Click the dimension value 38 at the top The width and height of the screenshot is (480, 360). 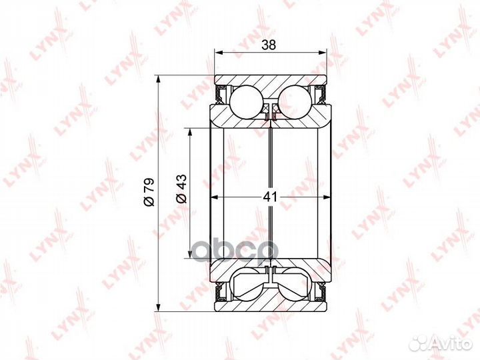point(269,45)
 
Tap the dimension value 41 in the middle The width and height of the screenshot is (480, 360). point(270,197)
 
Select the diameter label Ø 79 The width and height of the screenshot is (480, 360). point(149,192)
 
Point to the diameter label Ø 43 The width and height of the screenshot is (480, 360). point(181,188)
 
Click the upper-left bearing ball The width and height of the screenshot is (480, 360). point(246,101)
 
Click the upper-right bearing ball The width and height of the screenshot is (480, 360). point(295,101)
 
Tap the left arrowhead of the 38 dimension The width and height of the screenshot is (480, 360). point(217,53)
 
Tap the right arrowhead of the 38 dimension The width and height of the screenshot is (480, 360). point(323,53)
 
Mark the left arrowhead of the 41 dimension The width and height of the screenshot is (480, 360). point(214,197)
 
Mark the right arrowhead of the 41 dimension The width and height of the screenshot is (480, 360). point(327,197)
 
